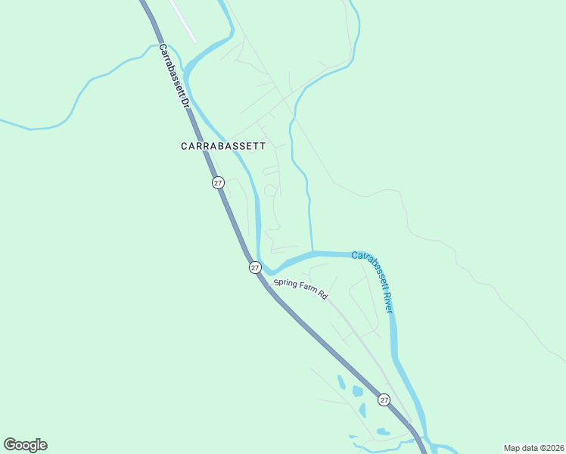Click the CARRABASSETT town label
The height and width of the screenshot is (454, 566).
(223, 146)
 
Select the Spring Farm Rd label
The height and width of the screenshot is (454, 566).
(300, 289)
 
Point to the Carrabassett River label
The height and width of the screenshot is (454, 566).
(374, 281)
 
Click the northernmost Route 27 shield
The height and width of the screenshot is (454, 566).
(218, 182)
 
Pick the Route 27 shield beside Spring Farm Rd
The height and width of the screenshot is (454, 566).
(255, 267)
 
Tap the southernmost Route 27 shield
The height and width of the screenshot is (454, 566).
(384, 400)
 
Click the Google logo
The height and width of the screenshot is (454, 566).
(25, 445)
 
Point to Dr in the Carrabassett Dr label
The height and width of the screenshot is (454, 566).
(182, 101)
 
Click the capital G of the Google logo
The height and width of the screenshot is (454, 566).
(10, 445)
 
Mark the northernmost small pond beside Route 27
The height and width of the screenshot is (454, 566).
(341, 383)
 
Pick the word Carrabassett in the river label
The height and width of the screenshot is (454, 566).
(368, 269)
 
